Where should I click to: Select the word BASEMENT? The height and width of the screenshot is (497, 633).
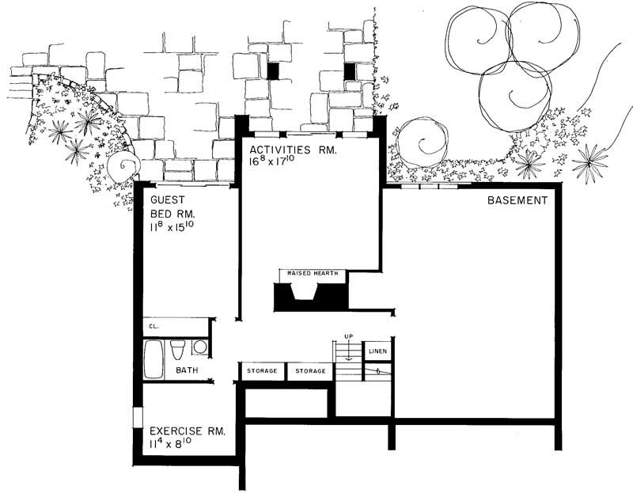coord(517,201)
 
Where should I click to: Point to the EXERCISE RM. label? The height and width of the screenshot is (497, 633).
coord(188,431)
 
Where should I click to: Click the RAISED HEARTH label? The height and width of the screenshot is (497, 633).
coord(313,274)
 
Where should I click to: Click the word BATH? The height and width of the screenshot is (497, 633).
coord(187,370)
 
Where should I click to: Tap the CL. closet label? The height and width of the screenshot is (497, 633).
coord(152,326)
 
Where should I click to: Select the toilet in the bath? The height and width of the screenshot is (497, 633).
coord(179,349)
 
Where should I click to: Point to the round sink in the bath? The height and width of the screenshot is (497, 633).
coord(199,347)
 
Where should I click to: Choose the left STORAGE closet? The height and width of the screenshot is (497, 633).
coord(262,370)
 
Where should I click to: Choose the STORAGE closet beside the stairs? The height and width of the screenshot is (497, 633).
coord(309,370)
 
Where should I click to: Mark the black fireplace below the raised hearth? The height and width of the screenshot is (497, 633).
coord(310,296)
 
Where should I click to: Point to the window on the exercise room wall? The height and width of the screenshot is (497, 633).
coord(137,419)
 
